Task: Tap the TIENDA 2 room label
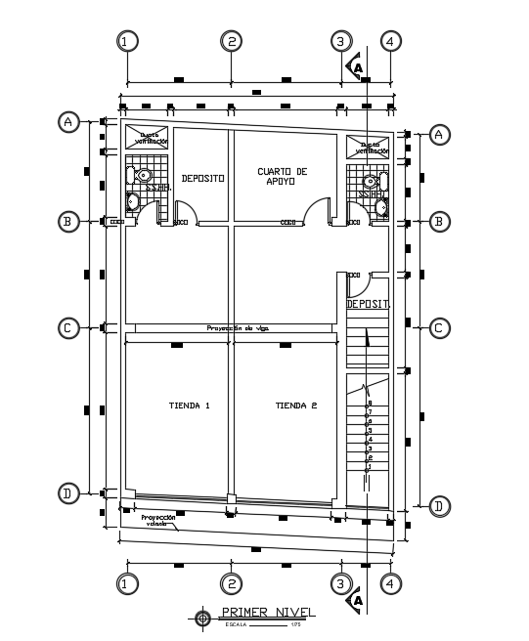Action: pos(295,405)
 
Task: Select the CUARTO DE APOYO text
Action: pos(282,176)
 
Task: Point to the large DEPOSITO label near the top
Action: pos(202,178)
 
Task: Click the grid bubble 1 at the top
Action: pos(127,41)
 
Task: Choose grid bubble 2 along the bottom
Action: pos(231,584)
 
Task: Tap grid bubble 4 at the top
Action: pos(390,41)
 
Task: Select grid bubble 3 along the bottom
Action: pos(339,584)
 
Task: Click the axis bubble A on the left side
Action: pos(68,122)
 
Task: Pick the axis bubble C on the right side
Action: pos(439,328)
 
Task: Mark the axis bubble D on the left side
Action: pos(68,493)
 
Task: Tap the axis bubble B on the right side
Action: pos(439,222)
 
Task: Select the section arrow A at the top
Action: pos(357,67)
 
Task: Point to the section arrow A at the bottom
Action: pos(357,600)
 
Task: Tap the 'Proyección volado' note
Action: pos(157,520)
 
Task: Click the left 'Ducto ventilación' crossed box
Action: pos(148,138)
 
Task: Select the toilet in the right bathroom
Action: pos(371,181)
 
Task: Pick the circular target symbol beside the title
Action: pos(202,618)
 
